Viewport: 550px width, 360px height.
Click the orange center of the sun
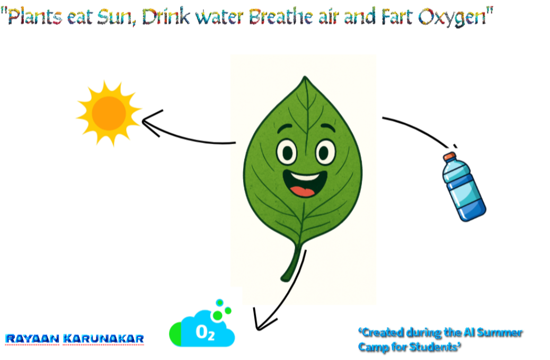[109, 113]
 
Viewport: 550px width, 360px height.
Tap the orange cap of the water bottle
[449, 156]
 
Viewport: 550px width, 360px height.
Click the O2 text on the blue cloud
[205, 332]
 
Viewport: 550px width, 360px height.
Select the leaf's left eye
[287, 153]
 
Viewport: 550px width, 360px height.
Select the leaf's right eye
[325, 152]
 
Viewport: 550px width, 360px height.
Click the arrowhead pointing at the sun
[150, 122]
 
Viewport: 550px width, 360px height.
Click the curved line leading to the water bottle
[418, 128]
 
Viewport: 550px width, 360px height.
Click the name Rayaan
[32, 339]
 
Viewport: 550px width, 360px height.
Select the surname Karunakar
[103, 339]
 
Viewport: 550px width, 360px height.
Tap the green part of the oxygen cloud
[175, 334]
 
